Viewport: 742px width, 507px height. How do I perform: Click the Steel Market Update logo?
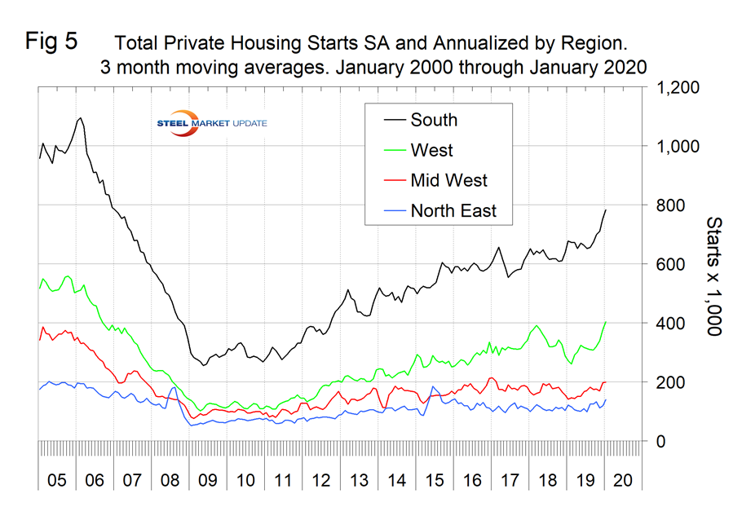(213, 122)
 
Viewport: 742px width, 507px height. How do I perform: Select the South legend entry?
(434, 120)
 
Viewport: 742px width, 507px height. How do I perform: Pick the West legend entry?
(431, 150)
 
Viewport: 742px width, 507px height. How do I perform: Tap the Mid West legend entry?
(448, 180)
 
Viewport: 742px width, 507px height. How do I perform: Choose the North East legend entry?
(453, 211)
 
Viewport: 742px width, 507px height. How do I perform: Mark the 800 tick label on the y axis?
(673, 205)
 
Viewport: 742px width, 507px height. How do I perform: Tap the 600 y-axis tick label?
(673, 264)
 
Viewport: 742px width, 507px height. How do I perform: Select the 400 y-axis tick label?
(673, 323)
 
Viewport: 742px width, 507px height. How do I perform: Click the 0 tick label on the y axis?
(662, 441)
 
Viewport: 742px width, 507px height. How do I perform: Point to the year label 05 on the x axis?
(56, 478)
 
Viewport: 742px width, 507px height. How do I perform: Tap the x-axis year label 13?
(360, 478)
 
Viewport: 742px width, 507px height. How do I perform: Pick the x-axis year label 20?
(625, 478)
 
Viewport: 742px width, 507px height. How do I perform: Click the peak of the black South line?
(80, 118)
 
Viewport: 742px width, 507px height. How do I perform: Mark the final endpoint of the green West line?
(606, 321)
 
